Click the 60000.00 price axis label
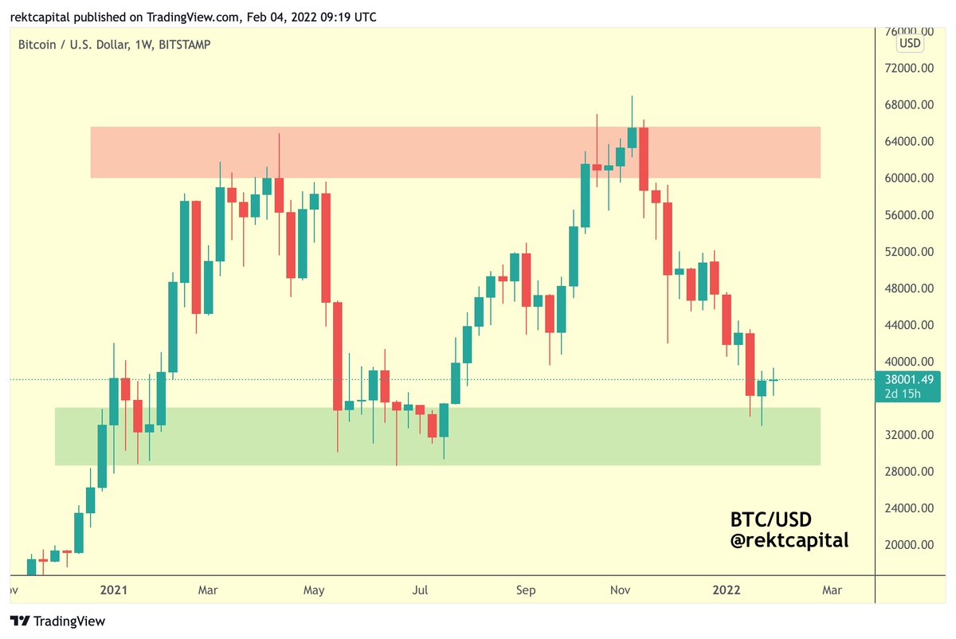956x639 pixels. [x=910, y=178]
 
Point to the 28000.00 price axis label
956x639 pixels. [x=910, y=472]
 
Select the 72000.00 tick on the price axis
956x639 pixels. [x=910, y=69]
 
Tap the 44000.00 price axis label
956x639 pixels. [x=910, y=325]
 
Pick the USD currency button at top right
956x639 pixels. [x=910, y=42]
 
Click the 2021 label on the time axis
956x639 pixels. [x=113, y=590]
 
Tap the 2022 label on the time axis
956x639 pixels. [x=727, y=590]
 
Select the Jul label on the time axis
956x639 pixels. [x=421, y=590]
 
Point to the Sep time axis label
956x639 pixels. [x=526, y=590]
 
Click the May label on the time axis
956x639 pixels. [x=315, y=590]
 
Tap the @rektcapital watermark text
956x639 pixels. [x=789, y=541]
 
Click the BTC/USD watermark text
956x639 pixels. [x=770, y=519]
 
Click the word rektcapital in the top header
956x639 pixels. [x=41, y=16]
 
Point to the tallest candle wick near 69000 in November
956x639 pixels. [x=632, y=108]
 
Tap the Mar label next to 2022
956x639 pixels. [x=831, y=590]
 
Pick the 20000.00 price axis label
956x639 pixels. [x=910, y=545]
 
